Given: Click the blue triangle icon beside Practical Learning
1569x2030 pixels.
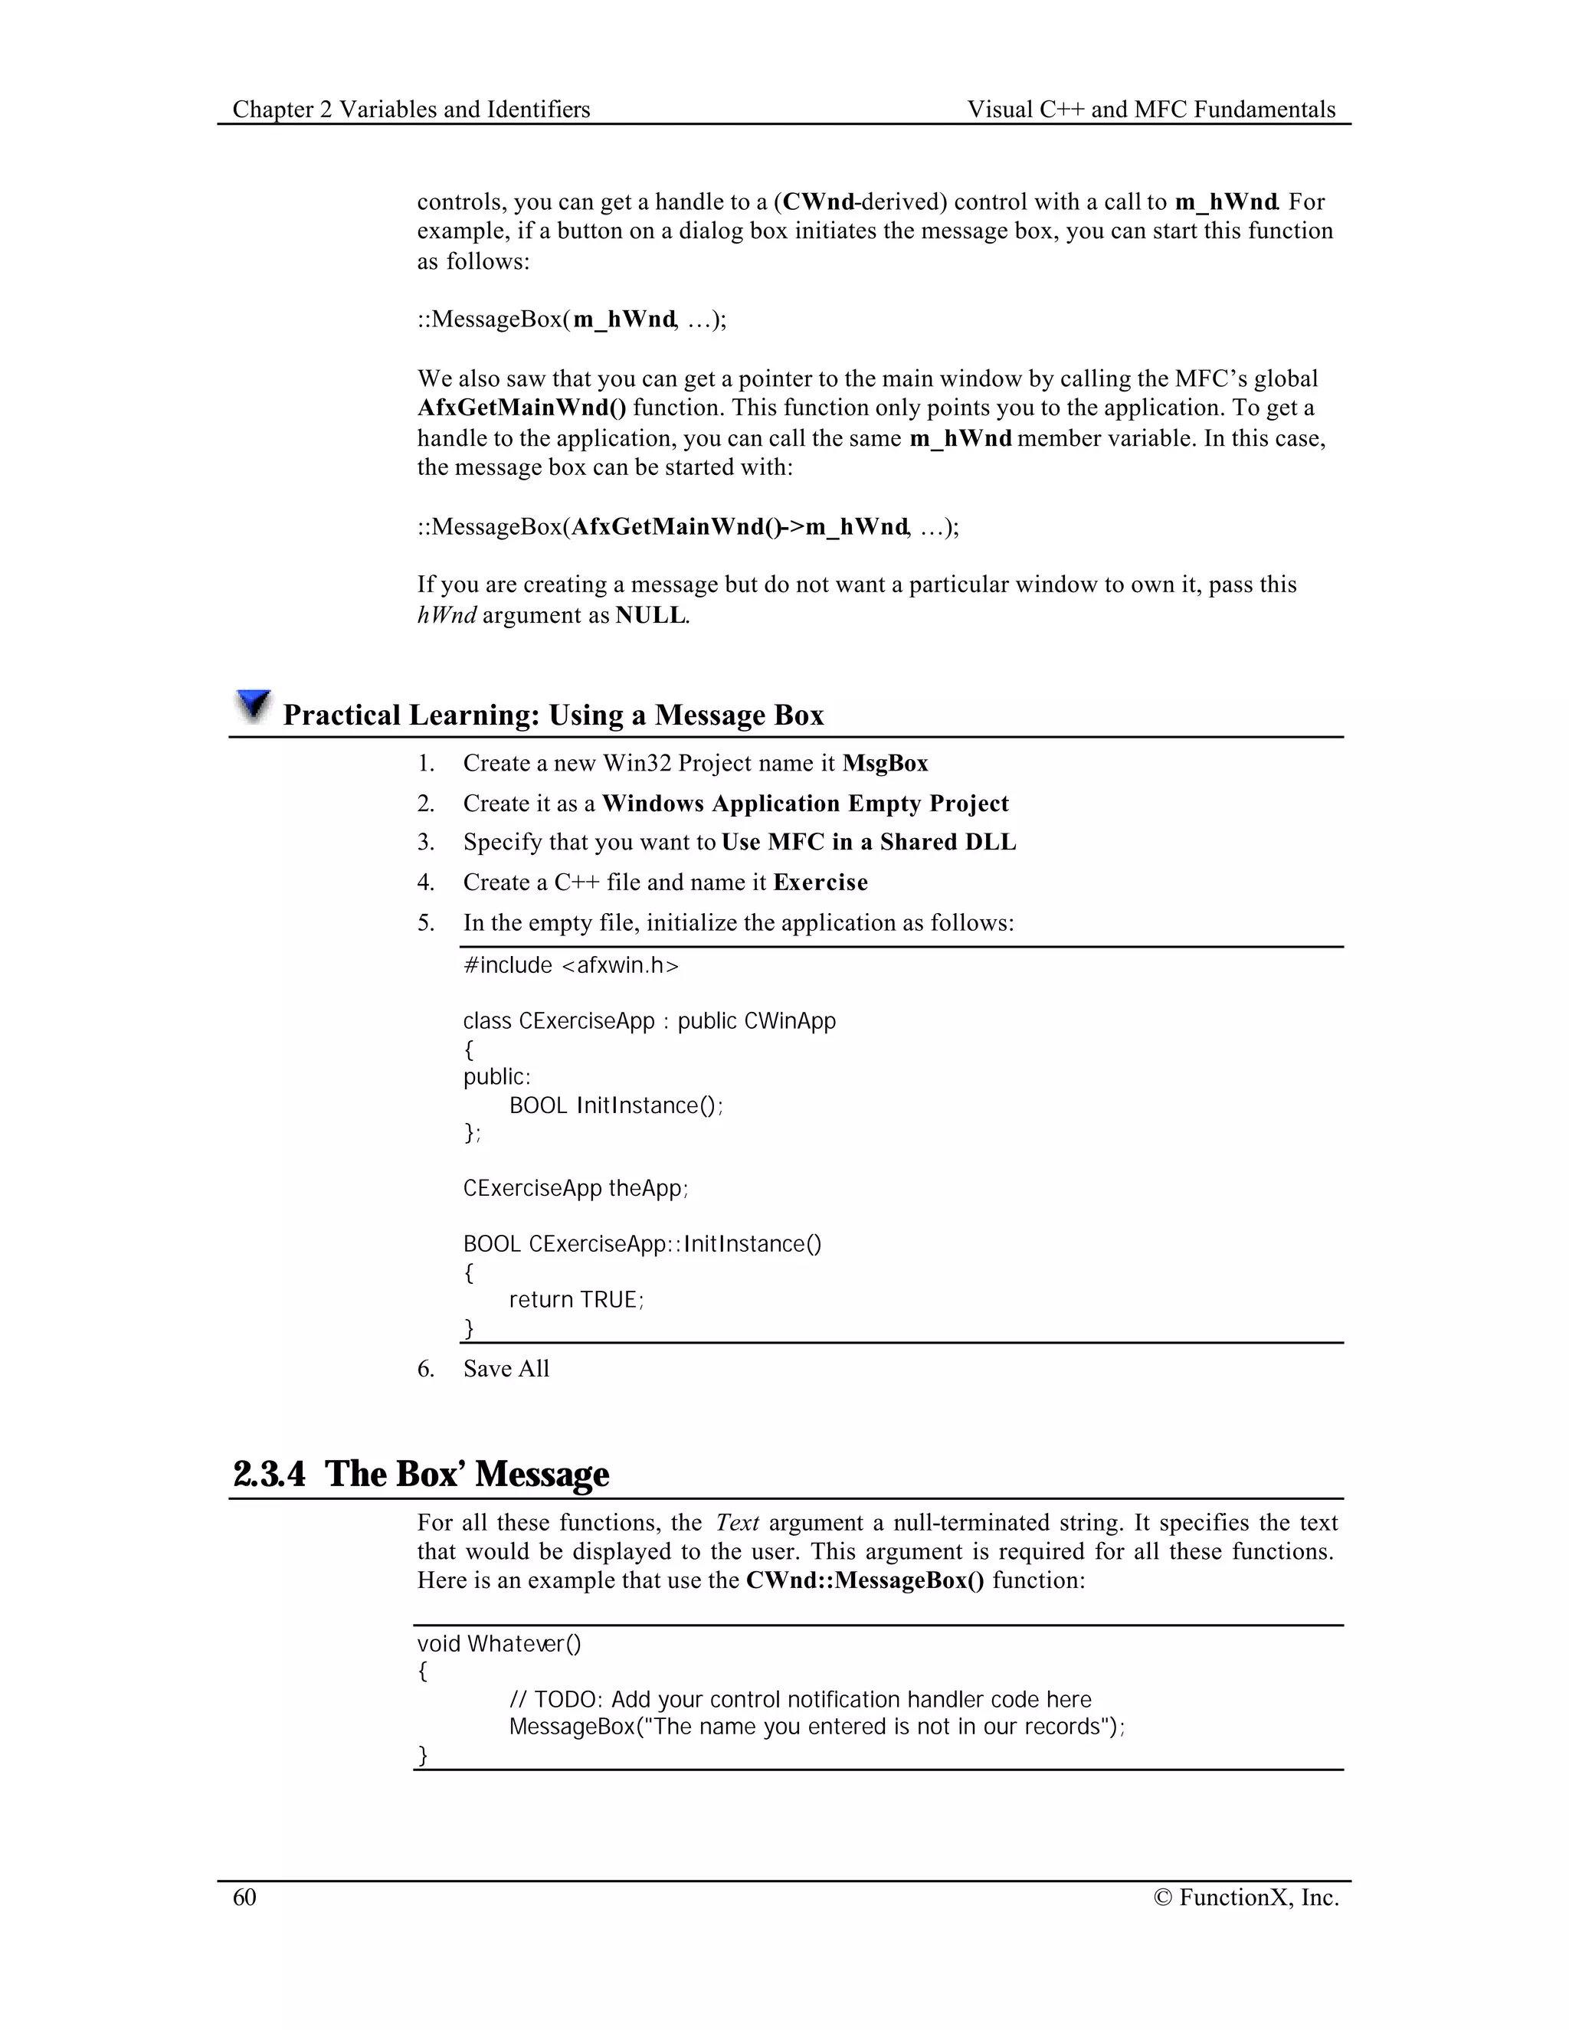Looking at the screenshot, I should tap(253, 706).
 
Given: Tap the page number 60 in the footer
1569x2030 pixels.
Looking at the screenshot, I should tap(244, 1897).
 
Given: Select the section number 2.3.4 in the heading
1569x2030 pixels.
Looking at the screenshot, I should tap(269, 1474).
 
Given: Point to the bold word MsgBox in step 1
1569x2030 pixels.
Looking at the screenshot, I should tap(885, 763).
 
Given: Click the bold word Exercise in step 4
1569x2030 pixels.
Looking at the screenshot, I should tap(820, 882).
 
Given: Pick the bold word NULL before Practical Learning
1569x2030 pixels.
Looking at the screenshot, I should tap(650, 614).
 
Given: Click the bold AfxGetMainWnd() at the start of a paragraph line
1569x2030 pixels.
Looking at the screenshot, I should tap(522, 408).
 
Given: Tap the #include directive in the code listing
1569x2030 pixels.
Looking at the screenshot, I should tap(507, 966).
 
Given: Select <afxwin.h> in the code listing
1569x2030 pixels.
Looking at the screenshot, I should tap(621, 966).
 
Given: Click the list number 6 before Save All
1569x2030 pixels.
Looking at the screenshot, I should tap(426, 1368).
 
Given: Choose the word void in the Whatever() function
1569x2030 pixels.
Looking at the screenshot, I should tap(439, 1643).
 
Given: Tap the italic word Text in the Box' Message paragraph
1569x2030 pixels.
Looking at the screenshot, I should tap(737, 1523).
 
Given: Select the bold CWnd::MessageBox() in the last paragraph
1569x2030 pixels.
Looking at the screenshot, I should tap(864, 1580).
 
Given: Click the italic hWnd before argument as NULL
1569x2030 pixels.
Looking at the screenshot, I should tap(446, 614).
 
